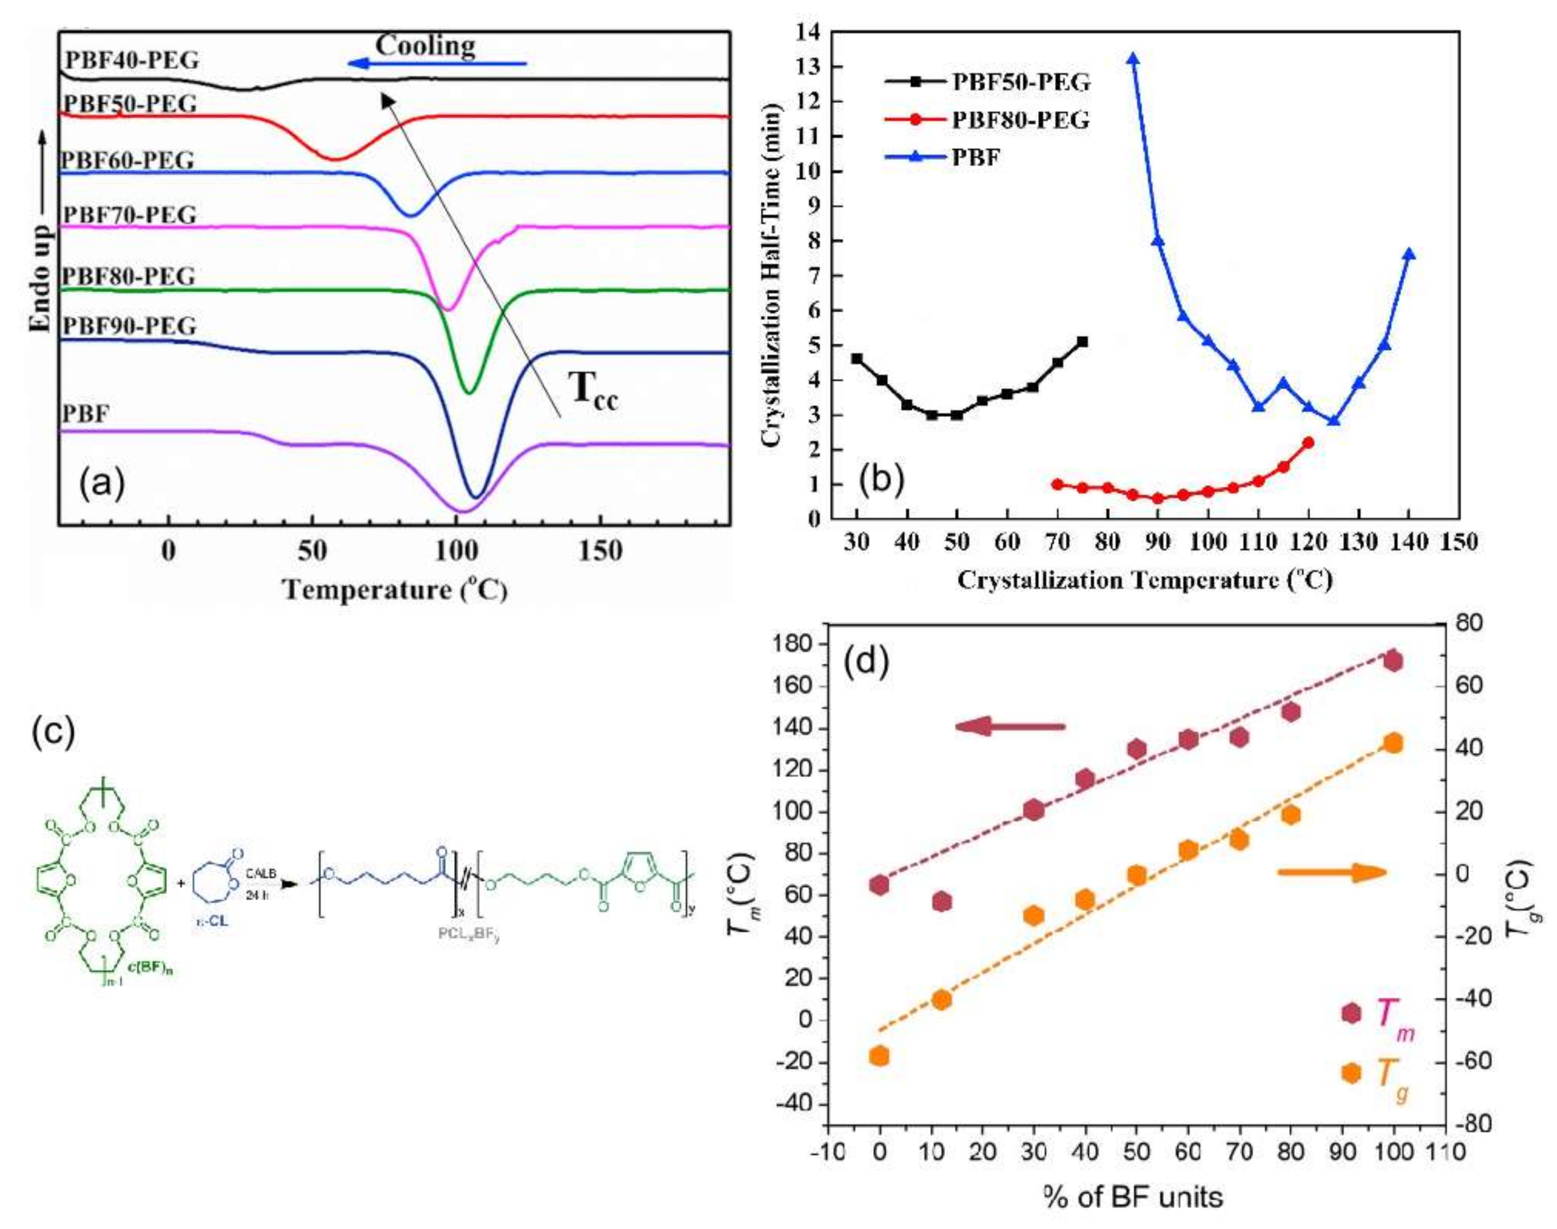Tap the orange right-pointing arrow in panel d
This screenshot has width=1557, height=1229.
point(1332,873)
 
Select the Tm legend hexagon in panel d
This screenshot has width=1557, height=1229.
point(1352,1013)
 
